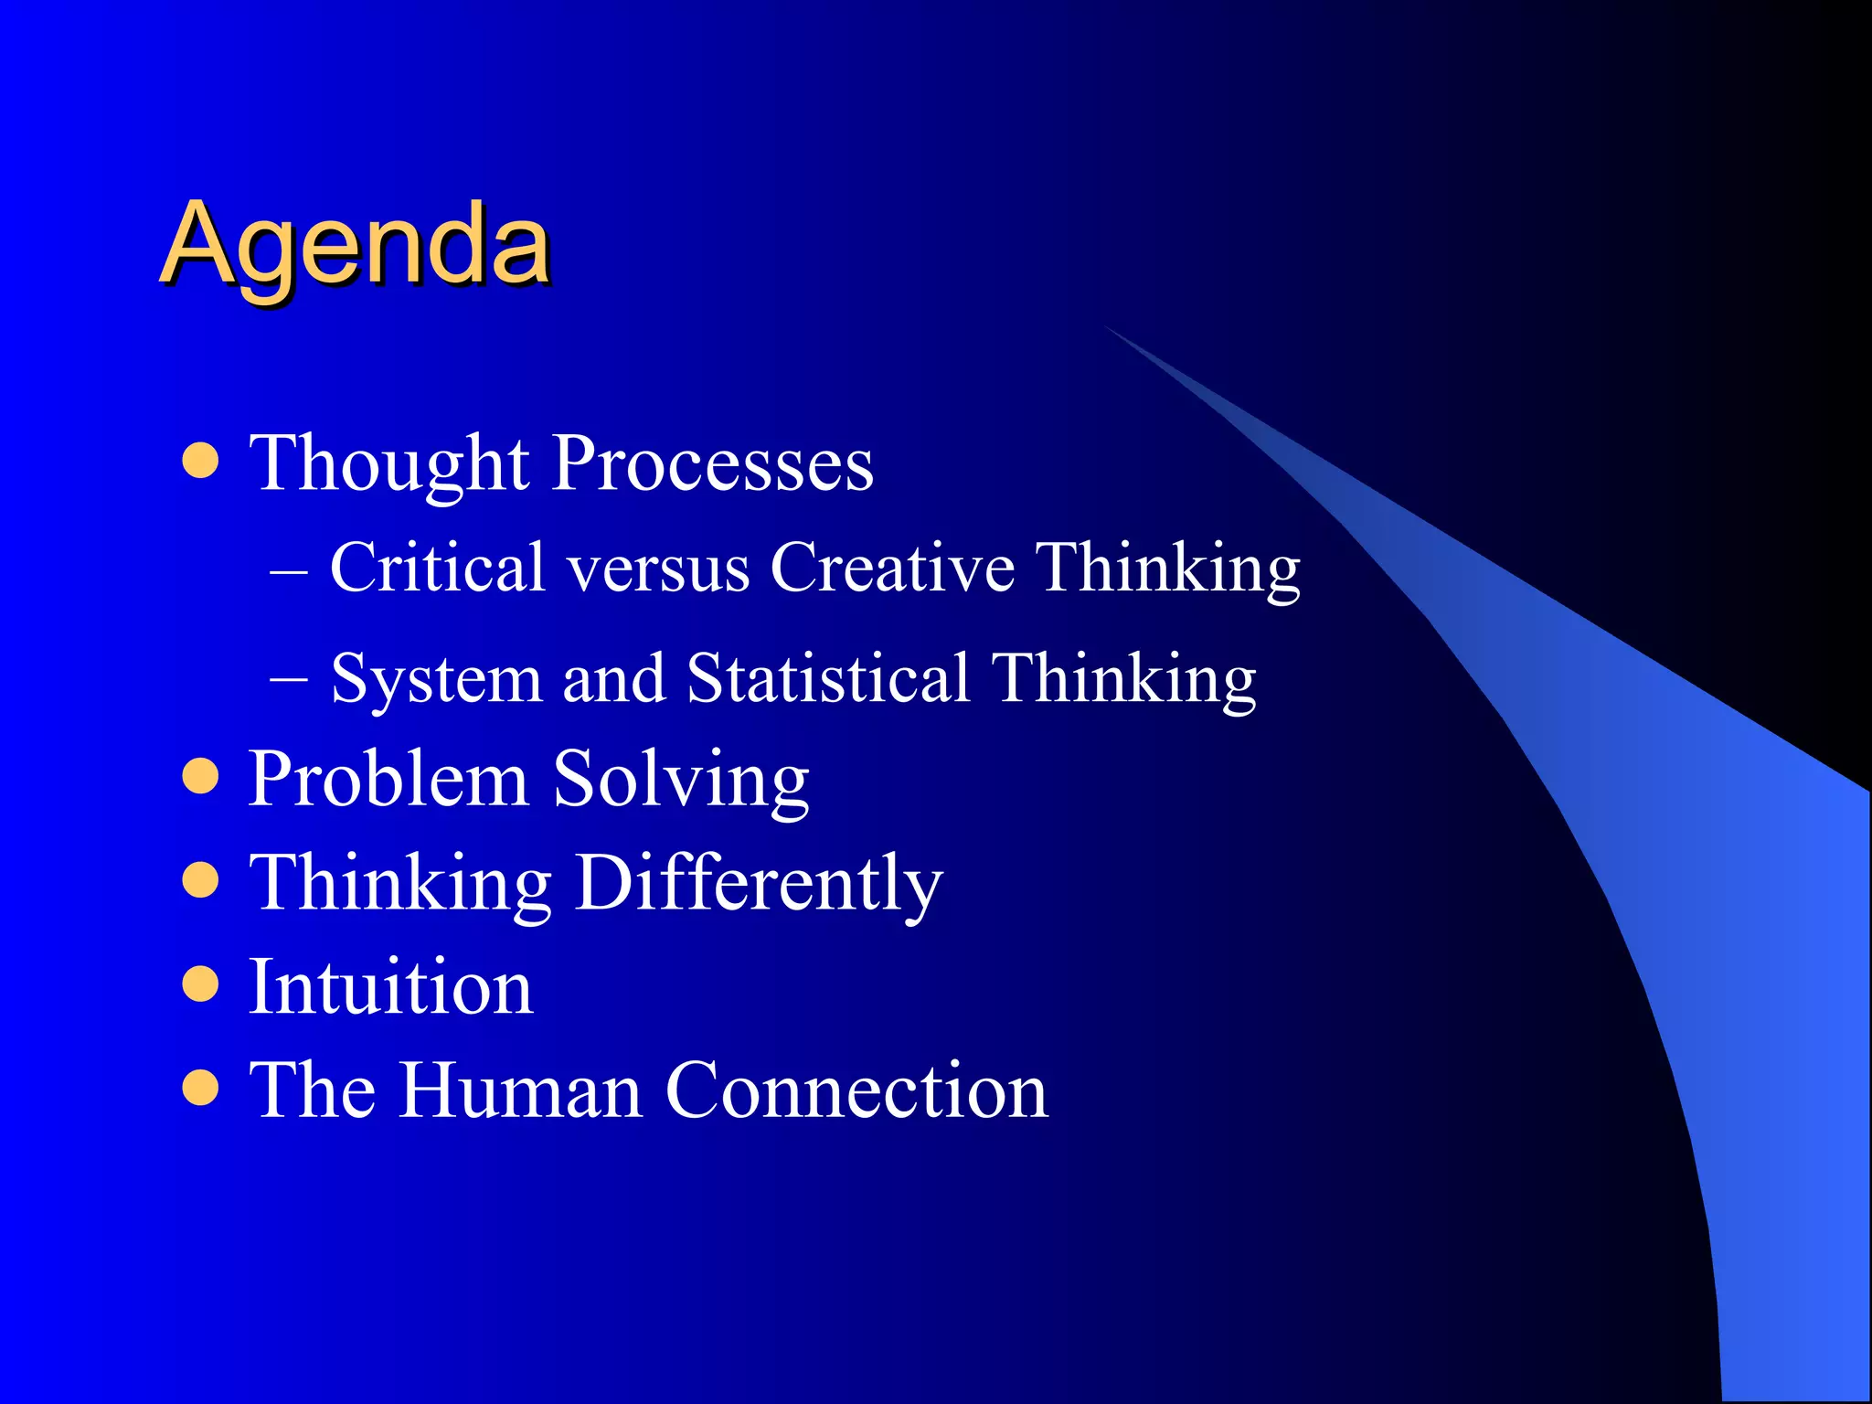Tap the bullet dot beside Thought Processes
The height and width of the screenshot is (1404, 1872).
coord(200,462)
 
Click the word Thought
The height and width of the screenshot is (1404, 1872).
coord(389,464)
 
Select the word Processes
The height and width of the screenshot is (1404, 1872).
coord(713,464)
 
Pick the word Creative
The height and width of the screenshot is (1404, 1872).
coord(892,568)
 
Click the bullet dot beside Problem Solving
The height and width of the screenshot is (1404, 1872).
coord(200,777)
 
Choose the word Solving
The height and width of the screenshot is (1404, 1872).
coord(682,780)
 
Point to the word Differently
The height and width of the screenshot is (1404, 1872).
coord(759,884)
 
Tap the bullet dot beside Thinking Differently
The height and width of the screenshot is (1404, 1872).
coord(200,881)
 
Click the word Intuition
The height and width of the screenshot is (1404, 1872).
coord(391,987)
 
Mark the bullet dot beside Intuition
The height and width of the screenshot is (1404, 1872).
coord(200,984)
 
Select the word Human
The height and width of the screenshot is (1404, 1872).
coord(521,1090)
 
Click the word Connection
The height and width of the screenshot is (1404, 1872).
coord(856,1090)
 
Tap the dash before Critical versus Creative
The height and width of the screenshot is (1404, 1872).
coord(289,569)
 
